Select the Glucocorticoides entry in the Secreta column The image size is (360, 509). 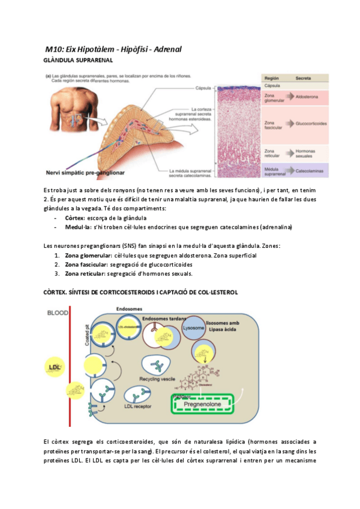(x=311, y=124)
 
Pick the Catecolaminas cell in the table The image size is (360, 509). (x=311, y=171)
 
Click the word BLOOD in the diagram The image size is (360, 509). (x=58, y=313)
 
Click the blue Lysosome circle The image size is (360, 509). (x=194, y=330)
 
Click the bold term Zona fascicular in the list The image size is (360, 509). (x=85, y=264)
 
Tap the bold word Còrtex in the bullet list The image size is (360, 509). (x=75, y=218)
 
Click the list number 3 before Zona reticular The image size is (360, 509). (x=56, y=274)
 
